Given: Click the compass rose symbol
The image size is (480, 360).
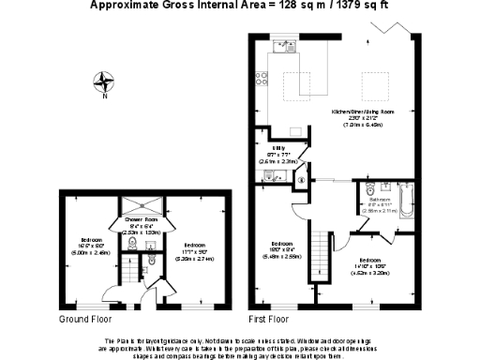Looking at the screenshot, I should (x=101, y=83).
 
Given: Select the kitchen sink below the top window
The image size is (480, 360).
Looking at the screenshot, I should (x=281, y=45).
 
